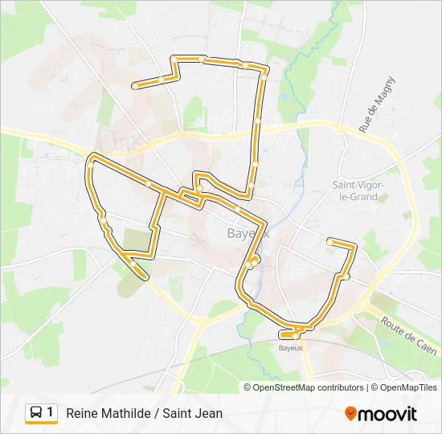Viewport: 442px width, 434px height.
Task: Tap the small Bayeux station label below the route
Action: coord(290,348)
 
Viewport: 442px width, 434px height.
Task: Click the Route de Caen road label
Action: coord(409,334)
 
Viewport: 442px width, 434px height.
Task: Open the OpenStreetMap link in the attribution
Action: coord(284,387)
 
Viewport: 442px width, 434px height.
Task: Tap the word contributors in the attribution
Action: coord(341,387)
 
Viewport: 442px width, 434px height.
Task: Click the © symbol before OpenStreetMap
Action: coord(248,387)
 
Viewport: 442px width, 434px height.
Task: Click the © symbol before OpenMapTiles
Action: coord(375,387)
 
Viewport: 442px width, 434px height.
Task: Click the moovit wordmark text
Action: coord(388,414)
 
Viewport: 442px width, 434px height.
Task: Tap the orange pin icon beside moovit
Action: coord(351,414)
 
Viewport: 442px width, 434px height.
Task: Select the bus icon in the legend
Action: coord(36,412)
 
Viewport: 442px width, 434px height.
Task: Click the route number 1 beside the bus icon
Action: coord(51,412)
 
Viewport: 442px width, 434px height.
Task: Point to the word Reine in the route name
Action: coord(82,414)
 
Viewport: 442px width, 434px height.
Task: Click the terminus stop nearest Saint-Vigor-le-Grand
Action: coord(329,240)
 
